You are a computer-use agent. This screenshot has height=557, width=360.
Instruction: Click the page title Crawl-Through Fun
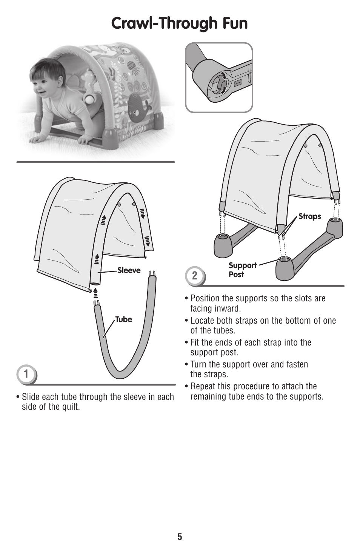[x=180, y=23]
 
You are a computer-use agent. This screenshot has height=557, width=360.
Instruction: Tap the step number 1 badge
[x=26, y=374]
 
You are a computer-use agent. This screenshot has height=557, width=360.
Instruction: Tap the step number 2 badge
[x=194, y=276]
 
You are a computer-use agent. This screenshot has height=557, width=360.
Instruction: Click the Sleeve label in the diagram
[x=129, y=270]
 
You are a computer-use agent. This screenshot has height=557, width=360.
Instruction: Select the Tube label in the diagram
[x=123, y=319]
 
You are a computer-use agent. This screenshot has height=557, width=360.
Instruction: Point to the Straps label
[x=309, y=216]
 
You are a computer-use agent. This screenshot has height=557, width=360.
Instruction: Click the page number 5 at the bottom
[x=180, y=537]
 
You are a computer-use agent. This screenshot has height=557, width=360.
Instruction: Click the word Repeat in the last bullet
[x=203, y=386]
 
